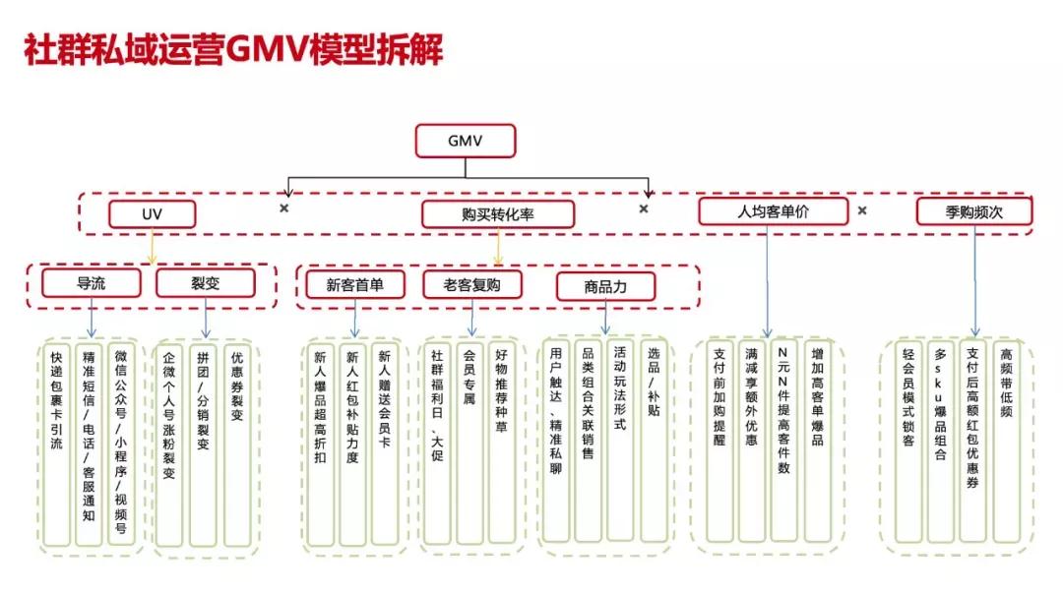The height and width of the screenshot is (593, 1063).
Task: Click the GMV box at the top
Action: [465, 141]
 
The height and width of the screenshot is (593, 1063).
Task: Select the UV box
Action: [152, 214]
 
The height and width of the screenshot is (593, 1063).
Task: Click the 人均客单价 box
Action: [773, 211]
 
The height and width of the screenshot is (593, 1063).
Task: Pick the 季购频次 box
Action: [973, 211]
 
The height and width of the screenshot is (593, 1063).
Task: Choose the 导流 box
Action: [92, 283]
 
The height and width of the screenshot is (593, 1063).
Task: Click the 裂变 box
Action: [205, 283]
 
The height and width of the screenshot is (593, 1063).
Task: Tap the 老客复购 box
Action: [471, 285]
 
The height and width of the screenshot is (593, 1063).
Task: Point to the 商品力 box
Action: [605, 286]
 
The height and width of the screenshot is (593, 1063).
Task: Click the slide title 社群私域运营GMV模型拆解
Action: [233, 50]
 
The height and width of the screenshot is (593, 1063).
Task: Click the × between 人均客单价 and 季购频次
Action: [862, 210]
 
